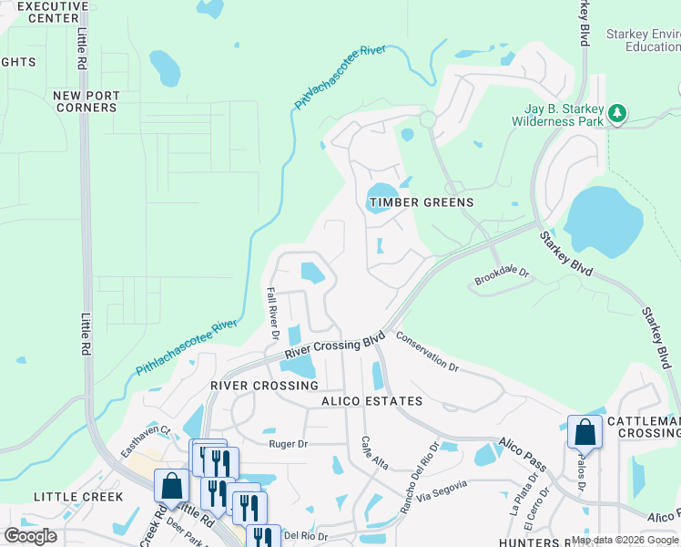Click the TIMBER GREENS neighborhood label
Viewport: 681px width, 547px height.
coord(421,202)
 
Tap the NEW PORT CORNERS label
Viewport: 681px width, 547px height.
coord(85,101)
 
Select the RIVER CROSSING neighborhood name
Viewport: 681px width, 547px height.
coord(264,386)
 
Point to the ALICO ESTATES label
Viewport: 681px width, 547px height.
coord(371,401)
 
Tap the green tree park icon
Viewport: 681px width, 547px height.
coord(618,113)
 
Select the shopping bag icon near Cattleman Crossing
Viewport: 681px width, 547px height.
coord(584,432)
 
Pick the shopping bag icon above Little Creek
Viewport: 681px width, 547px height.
coord(170,486)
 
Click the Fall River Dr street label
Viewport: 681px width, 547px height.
coord(271,310)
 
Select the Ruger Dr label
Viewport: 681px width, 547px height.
coord(290,444)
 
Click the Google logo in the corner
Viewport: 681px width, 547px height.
coord(30,535)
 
